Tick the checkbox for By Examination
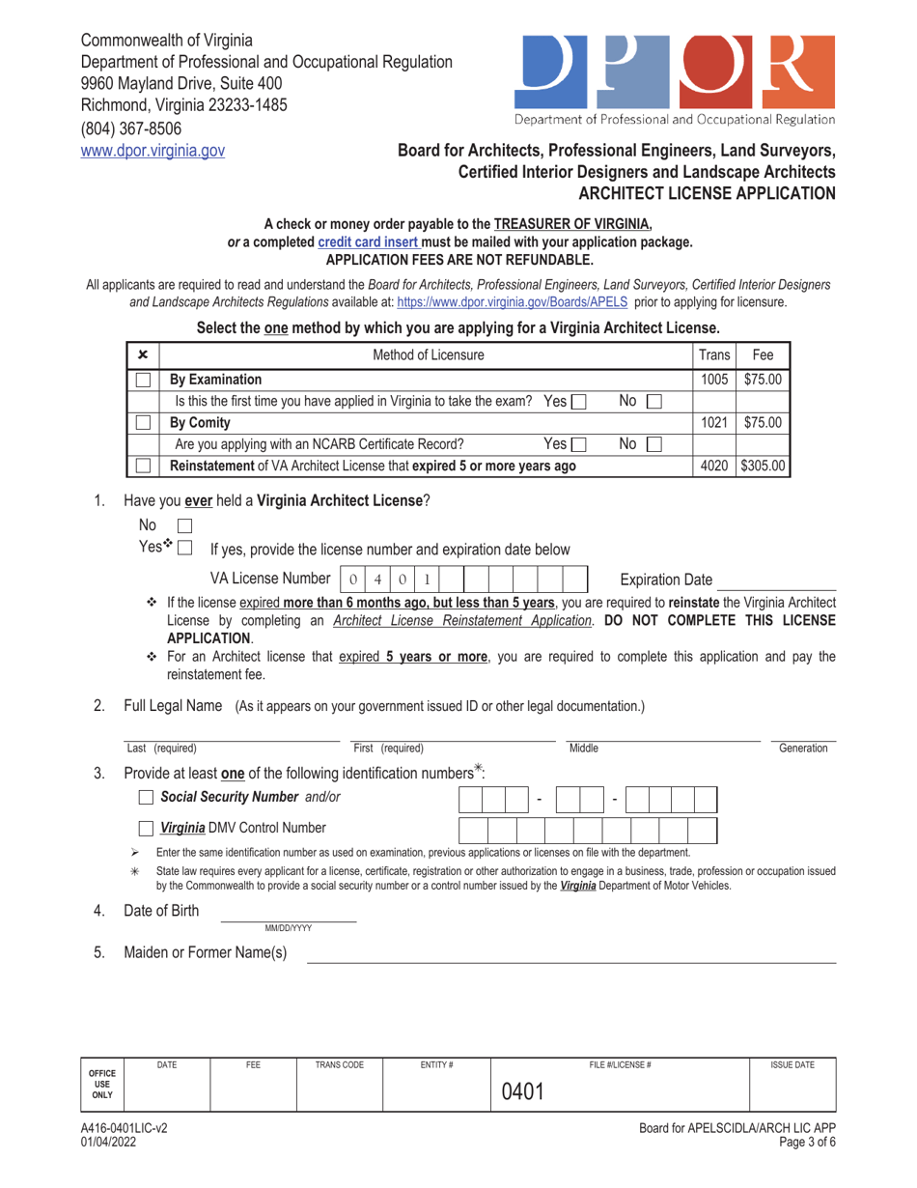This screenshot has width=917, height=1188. pyautogui.click(x=143, y=380)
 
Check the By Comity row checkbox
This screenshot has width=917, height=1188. pyautogui.click(x=143, y=422)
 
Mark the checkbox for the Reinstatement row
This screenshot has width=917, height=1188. pyautogui.click(x=143, y=466)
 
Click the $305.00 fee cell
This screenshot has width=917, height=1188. pyautogui.click(x=764, y=466)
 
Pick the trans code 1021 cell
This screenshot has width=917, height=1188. pyautogui.click(x=714, y=422)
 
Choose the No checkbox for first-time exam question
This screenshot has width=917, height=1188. pyautogui.click(x=653, y=401)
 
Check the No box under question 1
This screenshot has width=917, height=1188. pyautogui.click(x=186, y=526)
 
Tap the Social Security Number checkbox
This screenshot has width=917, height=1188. pyautogui.click(x=146, y=798)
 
